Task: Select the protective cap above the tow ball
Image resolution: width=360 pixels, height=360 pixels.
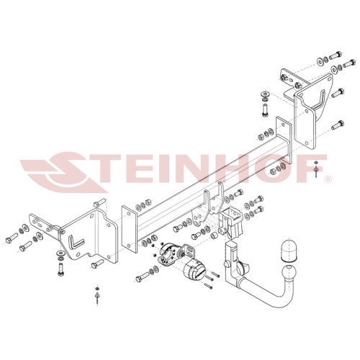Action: click(289, 250)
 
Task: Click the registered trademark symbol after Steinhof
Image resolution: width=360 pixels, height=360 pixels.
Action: click(328, 179)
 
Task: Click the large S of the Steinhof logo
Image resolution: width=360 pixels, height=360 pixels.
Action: click(65, 171)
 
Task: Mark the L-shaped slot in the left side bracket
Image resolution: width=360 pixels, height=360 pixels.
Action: click(76, 242)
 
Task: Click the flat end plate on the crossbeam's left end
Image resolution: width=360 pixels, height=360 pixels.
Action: click(129, 229)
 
